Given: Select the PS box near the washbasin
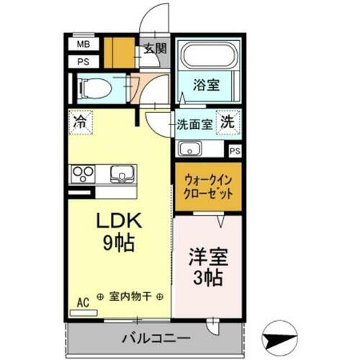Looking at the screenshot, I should click(x=235, y=151).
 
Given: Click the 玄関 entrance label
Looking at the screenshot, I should click(x=155, y=49).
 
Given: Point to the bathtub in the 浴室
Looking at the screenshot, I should click(x=207, y=56).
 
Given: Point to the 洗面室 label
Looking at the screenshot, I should click(x=195, y=124).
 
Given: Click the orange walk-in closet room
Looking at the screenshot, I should click(x=208, y=188).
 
